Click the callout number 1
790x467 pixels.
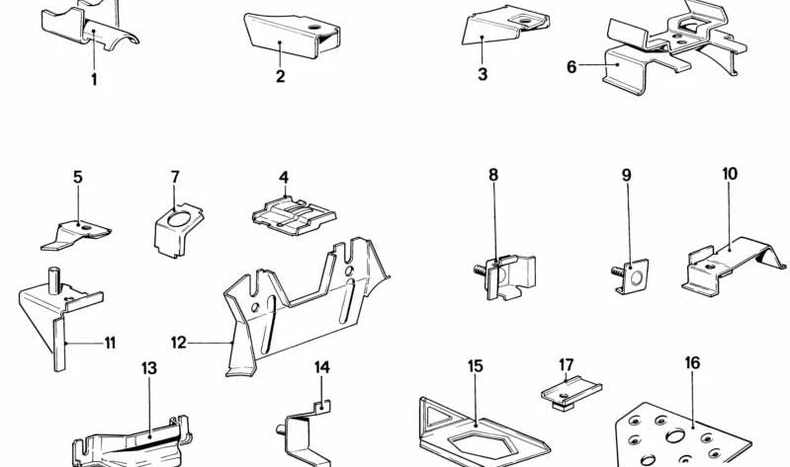point(95,79)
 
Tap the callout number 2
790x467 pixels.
point(281,76)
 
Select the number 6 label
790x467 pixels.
point(571,66)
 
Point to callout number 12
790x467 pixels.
point(178,344)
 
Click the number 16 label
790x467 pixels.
point(692,363)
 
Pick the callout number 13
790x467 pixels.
point(148,368)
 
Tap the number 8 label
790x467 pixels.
point(493,175)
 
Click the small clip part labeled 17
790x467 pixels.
point(571,392)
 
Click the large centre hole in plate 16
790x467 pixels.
point(676,435)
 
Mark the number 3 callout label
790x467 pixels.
point(483,74)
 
